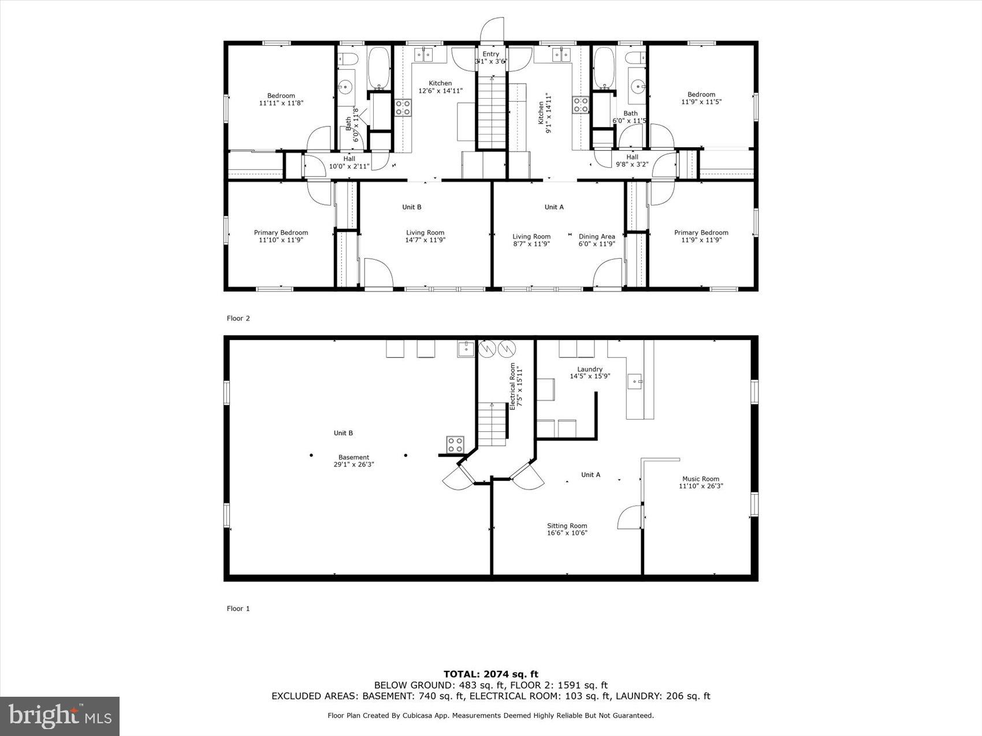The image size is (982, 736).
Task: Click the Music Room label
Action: (701, 482)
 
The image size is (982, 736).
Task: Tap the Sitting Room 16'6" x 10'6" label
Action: (567, 529)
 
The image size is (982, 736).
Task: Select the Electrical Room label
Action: (515, 387)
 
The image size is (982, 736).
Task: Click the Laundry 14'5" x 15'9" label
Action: (590, 372)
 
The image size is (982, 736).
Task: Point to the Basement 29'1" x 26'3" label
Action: (354, 461)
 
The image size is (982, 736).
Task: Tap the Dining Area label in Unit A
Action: (597, 240)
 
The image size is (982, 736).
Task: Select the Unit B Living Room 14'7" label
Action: (425, 236)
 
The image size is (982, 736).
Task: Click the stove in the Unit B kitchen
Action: (403, 107)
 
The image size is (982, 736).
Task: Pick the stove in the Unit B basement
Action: (455, 444)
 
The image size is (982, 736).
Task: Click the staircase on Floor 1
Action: (492, 424)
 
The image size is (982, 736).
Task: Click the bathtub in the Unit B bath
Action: (379, 68)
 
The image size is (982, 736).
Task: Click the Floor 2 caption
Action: (238, 318)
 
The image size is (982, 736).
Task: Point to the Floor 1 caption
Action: (238, 608)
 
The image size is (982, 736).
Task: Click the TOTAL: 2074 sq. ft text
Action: (490, 674)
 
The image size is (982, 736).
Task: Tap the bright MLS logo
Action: (60, 716)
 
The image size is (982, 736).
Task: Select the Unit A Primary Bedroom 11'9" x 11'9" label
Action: (701, 236)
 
